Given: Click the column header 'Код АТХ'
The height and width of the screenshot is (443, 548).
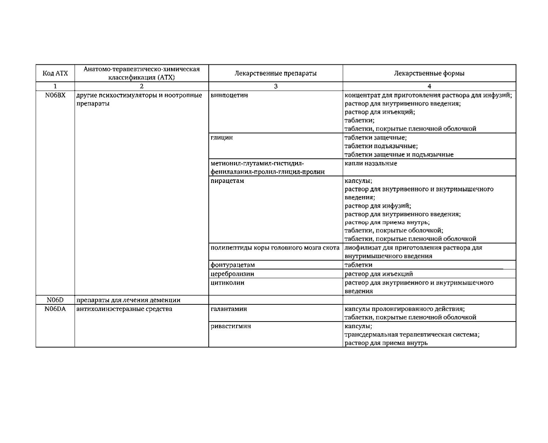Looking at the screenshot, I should (x=55, y=73).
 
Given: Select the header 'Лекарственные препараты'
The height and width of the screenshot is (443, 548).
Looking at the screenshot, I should (x=275, y=73).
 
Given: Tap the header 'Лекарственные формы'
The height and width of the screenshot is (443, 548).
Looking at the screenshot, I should (x=429, y=73).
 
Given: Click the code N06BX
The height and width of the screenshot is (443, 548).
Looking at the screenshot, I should (x=55, y=95).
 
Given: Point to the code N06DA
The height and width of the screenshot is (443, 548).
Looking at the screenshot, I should (x=55, y=309).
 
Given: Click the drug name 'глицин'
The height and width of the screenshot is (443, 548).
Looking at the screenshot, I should (x=222, y=138).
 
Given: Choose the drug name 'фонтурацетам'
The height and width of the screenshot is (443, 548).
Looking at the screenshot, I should (x=233, y=265).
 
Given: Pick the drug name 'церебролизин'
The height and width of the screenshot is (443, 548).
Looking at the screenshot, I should (x=232, y=274).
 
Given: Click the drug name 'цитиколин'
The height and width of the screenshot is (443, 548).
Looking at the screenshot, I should (x=227, y=282).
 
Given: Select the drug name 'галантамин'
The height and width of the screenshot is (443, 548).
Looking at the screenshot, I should (x=229, y=309).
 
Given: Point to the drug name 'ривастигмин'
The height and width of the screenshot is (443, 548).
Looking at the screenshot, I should (x=231, y=326).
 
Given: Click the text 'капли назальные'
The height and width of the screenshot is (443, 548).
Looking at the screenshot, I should (x=371, y=163).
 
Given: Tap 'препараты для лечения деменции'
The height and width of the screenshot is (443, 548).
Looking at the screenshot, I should (x=128, y=300).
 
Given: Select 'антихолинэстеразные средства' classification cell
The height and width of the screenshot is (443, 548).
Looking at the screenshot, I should (x=124, y=309).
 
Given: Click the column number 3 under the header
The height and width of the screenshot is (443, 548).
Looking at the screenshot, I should (x=275, y=86).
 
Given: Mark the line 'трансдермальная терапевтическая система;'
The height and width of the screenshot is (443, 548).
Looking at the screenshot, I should (x=412, y=334).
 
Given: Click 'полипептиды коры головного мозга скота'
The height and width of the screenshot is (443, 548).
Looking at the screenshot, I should (x=275, y=248).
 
